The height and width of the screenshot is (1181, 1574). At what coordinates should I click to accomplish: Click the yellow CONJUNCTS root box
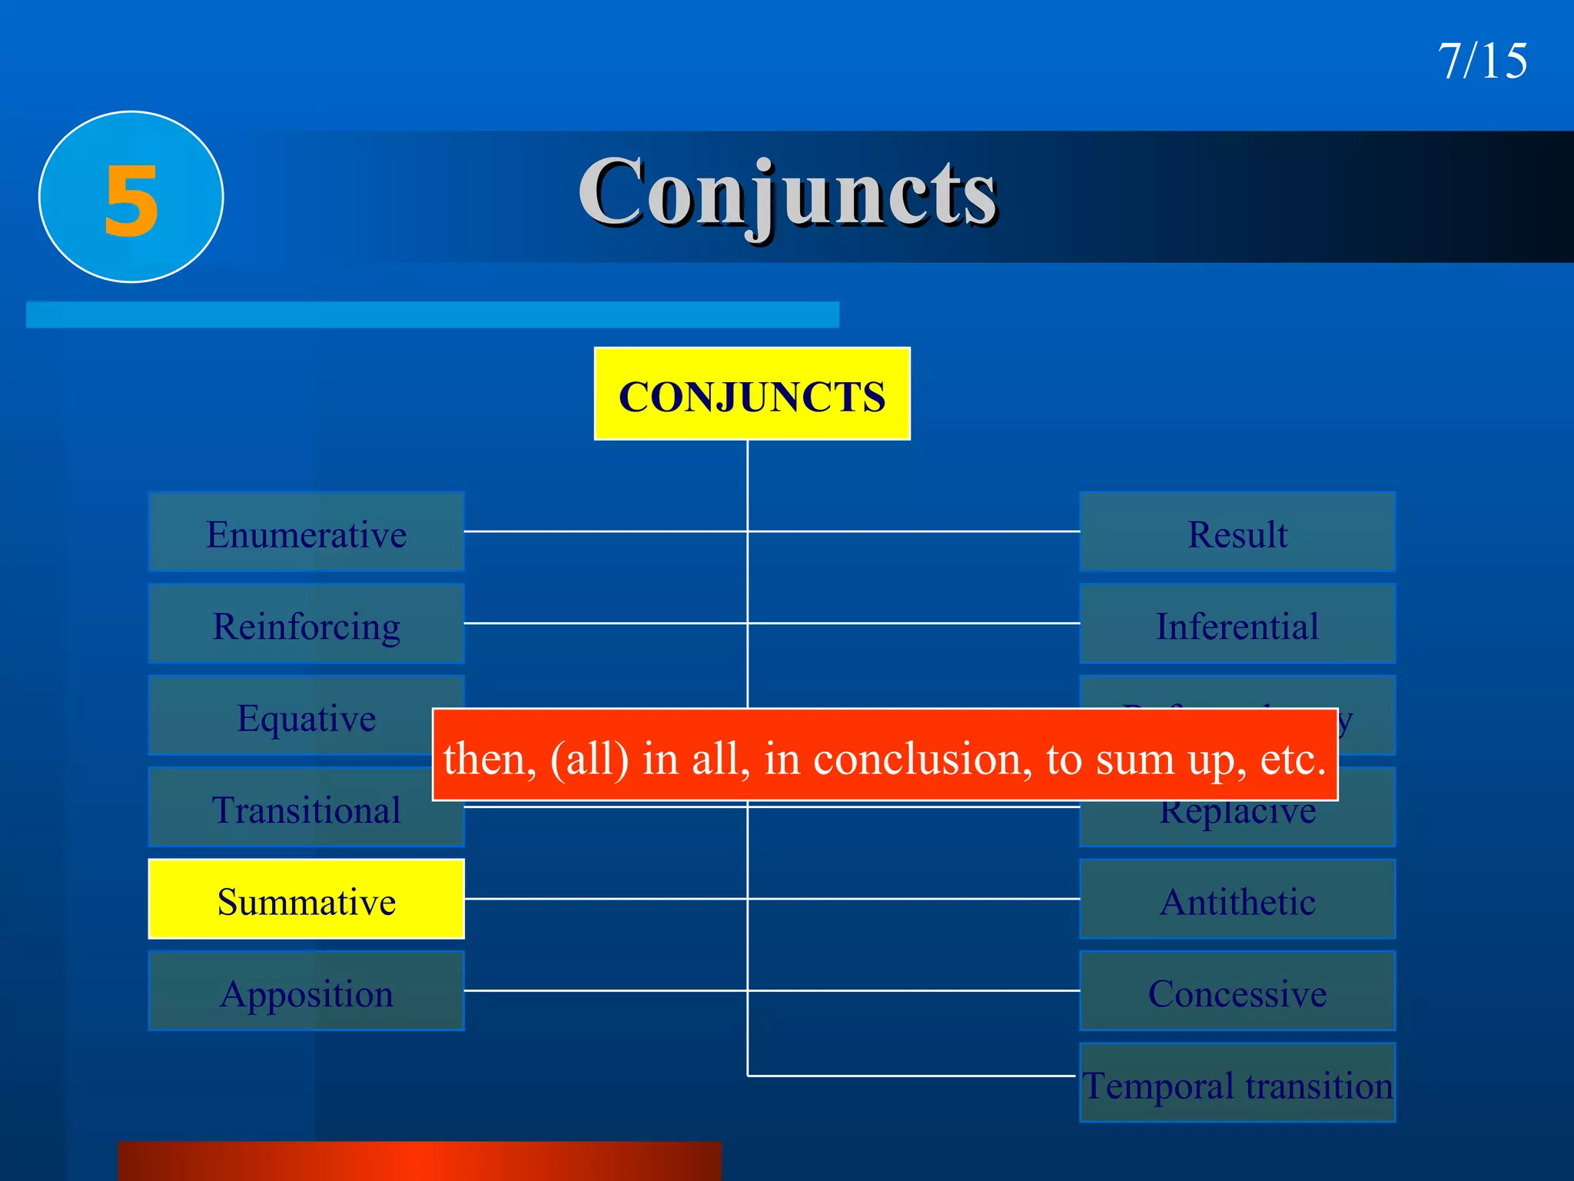pos(752,394)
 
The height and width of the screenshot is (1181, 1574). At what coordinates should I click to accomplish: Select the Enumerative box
pos(306,532)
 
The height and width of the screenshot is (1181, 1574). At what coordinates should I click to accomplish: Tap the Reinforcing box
pos(306,624)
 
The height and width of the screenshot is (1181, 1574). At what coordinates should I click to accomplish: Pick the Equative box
pos(292,716)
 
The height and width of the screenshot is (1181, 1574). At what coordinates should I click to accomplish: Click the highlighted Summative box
pos(306,900)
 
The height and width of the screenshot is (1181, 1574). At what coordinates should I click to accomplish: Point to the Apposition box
pos(306,992)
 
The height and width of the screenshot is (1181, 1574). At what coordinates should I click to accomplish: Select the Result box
pos(1237,532)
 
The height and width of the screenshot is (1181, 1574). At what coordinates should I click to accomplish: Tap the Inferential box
pos(1237,624)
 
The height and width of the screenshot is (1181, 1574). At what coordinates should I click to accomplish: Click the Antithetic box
pos(1237,900)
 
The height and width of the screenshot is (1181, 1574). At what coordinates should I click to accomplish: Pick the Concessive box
pos(1237,992)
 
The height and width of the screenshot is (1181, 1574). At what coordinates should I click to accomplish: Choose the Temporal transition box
pos(1237,1083)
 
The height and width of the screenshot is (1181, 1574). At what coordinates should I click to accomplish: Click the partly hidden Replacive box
pos(1237,823)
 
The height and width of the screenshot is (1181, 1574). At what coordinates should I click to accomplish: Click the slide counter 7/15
pos(1482,61)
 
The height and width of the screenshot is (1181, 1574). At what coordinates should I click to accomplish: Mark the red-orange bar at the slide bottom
pos(420,1161)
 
